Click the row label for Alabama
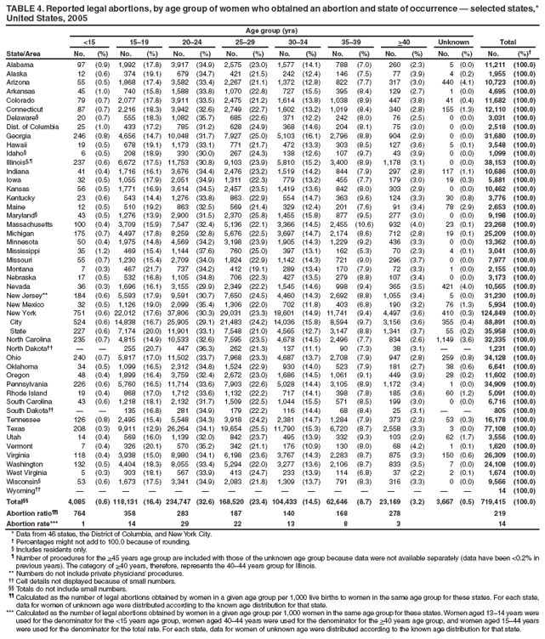(20, 64)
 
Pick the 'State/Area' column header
(24, 52)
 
